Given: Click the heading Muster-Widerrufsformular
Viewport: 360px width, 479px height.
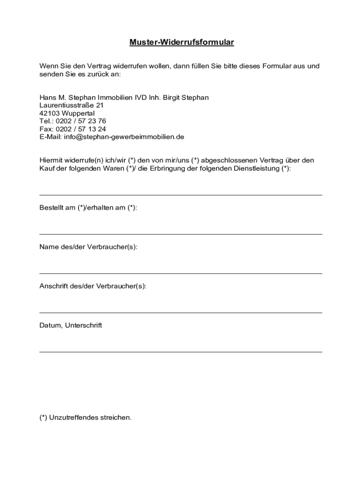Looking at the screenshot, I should tap(181, 43).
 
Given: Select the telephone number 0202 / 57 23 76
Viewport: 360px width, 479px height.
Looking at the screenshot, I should tap(81, 121).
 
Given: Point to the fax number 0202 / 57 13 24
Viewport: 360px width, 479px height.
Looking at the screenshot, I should tap(81, 129).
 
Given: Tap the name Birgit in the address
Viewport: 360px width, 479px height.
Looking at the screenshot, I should tap(172, 97).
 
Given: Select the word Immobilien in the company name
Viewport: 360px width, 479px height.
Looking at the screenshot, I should tap(115, 97).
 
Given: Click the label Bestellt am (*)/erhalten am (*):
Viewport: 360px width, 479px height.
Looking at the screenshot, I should tap(88, 208).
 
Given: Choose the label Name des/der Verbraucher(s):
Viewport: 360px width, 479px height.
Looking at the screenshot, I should tap(88, 247).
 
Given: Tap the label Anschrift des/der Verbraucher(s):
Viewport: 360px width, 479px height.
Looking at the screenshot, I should tap(93, 286).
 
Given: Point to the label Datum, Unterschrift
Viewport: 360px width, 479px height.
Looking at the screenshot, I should tap(71, 326).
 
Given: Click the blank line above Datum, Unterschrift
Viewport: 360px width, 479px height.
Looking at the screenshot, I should tap(180, 312).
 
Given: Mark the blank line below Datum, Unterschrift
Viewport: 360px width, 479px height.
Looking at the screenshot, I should tap(180, 352).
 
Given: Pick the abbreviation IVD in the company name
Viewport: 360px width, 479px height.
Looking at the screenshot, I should tap(141, 97).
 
